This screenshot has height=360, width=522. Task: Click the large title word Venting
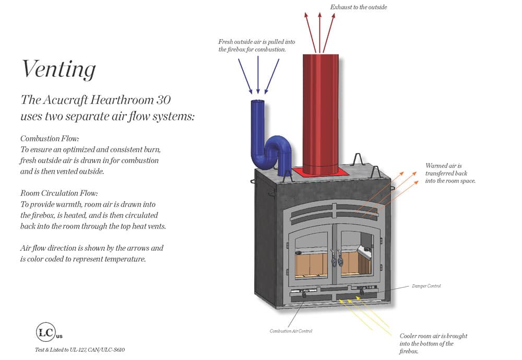tap(58, 69)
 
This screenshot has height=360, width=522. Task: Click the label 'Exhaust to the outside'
tap(359, 7)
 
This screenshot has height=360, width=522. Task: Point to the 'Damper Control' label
tap(426, 286)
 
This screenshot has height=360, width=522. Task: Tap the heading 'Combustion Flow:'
tap(50, 139)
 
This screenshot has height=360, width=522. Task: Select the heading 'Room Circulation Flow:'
tap(59, 193)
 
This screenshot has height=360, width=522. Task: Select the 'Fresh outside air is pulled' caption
tap(252, 45)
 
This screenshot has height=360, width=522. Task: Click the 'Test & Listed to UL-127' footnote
tap(80, 350)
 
